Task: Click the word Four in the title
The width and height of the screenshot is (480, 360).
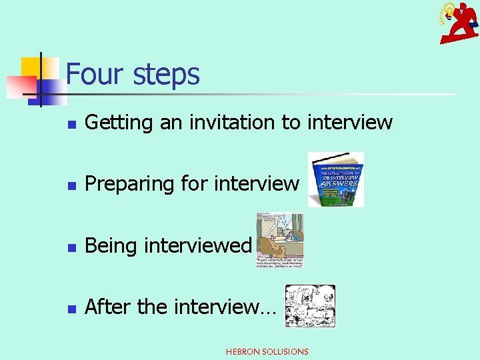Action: pos(97,73)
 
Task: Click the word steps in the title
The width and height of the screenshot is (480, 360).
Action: pos(166,75)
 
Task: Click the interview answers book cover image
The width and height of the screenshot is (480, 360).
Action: pos(336,179)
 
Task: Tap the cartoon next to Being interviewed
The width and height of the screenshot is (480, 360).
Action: pos(280,240)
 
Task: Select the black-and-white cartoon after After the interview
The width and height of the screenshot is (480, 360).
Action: pos(310,306)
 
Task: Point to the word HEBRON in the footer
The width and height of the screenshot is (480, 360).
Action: pos(244,351)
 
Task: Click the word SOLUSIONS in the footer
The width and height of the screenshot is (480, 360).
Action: pos(286,351)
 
